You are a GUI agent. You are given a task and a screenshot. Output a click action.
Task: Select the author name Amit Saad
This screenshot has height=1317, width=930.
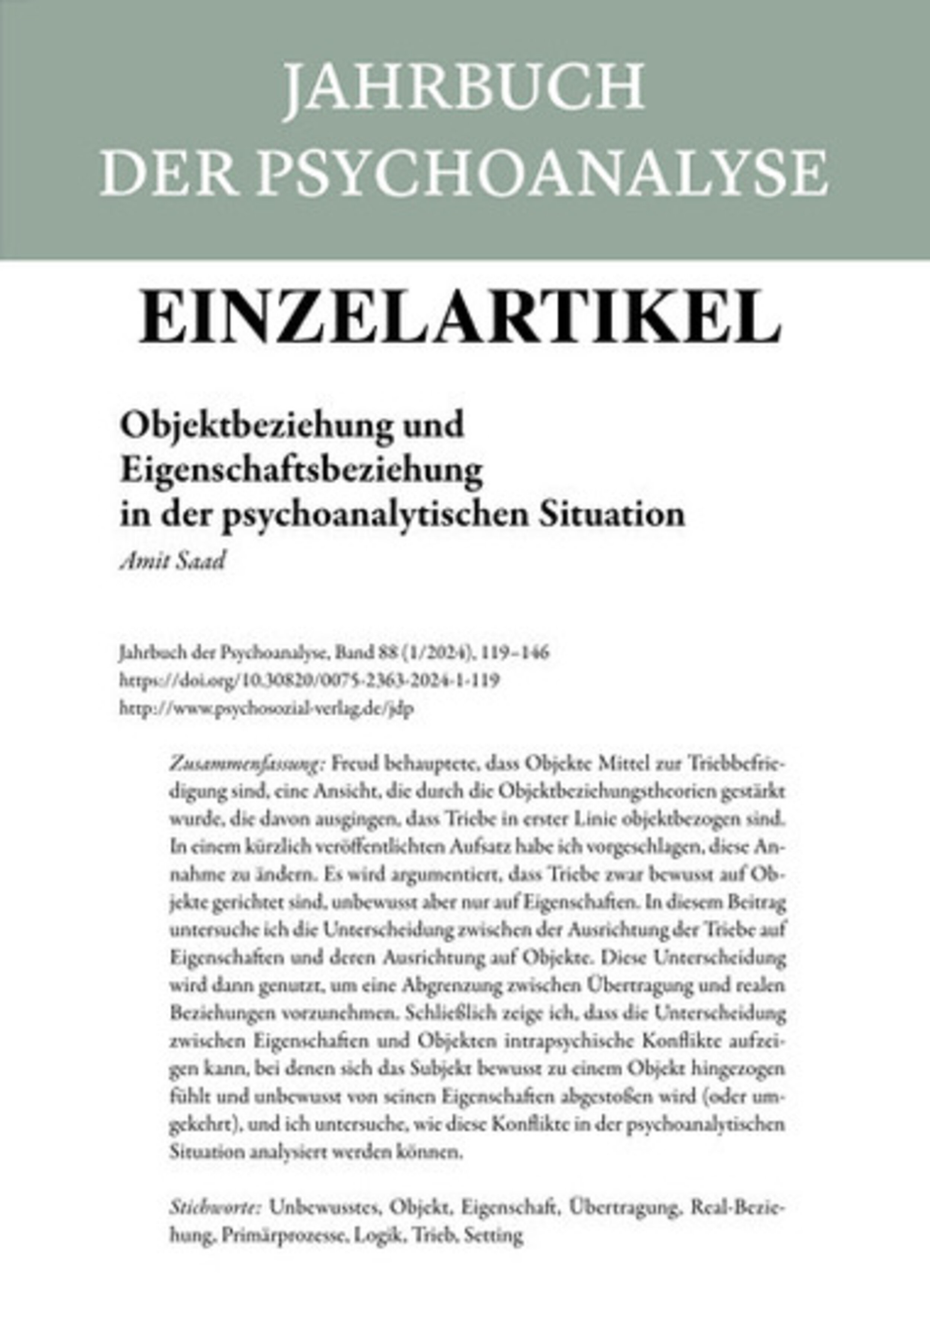(x=172, y=561)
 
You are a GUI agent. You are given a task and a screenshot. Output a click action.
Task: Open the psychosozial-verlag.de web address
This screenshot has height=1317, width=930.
(x=267, y=709)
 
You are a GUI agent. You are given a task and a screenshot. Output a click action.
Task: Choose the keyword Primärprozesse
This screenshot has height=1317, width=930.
(x=284, y=1236)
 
